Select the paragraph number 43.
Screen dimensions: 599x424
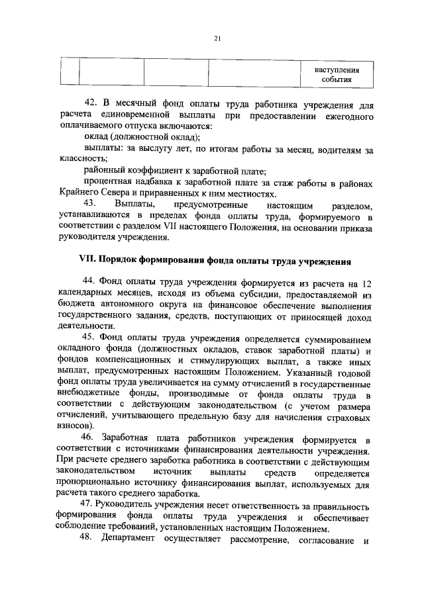click(x=91, y=203)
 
